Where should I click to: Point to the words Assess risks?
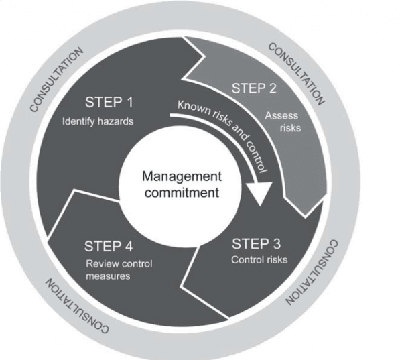click(283, 121)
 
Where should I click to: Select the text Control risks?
click(259, 259)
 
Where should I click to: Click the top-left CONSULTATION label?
click(57, 78)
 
